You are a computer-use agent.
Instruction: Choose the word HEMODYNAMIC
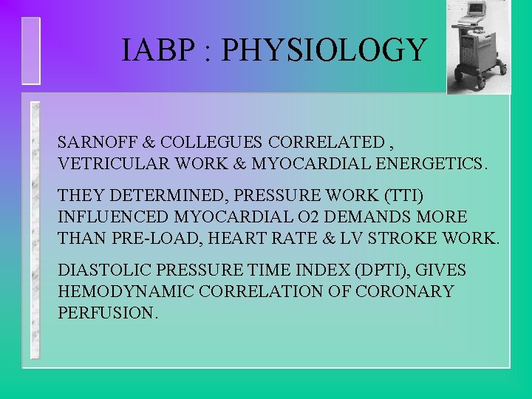(119, 292)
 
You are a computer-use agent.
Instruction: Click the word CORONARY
(404, 292)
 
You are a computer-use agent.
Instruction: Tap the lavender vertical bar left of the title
(31, 50)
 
